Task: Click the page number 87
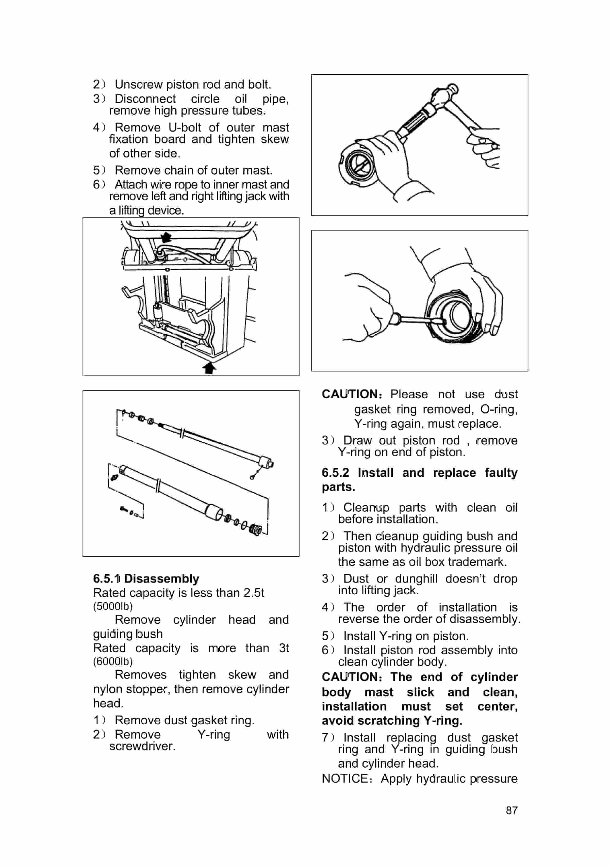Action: pos(511,810)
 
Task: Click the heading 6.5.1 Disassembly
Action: pos(146,578)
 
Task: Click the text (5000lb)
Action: pos(113,606)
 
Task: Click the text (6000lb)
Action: pos(113,661)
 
